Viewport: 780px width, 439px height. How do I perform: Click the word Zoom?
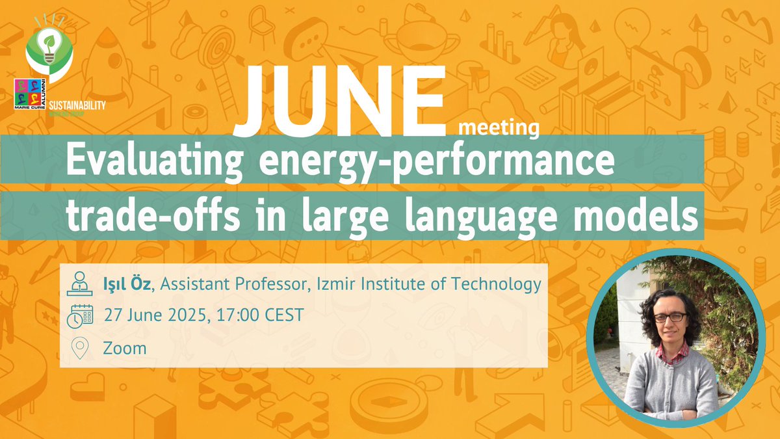click(x=125, y=348)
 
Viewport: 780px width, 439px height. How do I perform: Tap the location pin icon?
click(x=79, y=349)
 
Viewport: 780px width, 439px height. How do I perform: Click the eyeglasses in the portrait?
click(x=669, y=318)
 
